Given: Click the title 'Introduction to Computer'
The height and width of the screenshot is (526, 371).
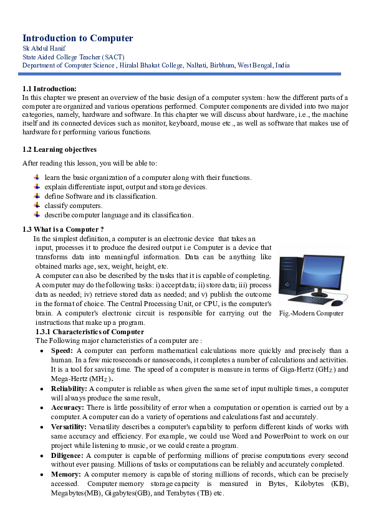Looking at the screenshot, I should (x=78, y=38).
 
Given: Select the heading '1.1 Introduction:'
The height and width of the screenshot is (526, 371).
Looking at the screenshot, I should (x=49, y=89).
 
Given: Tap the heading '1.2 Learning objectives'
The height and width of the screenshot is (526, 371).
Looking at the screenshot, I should (x=59, y=149).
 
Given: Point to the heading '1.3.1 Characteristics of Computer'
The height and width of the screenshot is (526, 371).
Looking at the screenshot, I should (x=90, y=332).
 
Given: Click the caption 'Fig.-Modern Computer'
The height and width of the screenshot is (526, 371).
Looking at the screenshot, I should (x=311, y=313).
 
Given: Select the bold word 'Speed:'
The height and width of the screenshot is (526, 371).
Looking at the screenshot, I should (x=62, y=351).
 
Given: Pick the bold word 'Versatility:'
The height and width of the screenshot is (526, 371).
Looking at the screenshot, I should (x=69, y=426).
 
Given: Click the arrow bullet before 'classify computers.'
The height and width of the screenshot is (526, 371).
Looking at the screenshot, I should (x=37, y=206).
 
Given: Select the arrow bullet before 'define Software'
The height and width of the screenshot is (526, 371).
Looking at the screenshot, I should (x=37, y=196).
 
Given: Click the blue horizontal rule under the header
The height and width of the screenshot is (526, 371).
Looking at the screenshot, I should (x=181, y=74).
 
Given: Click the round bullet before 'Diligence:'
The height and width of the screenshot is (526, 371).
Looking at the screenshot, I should (x=41, y=456).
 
